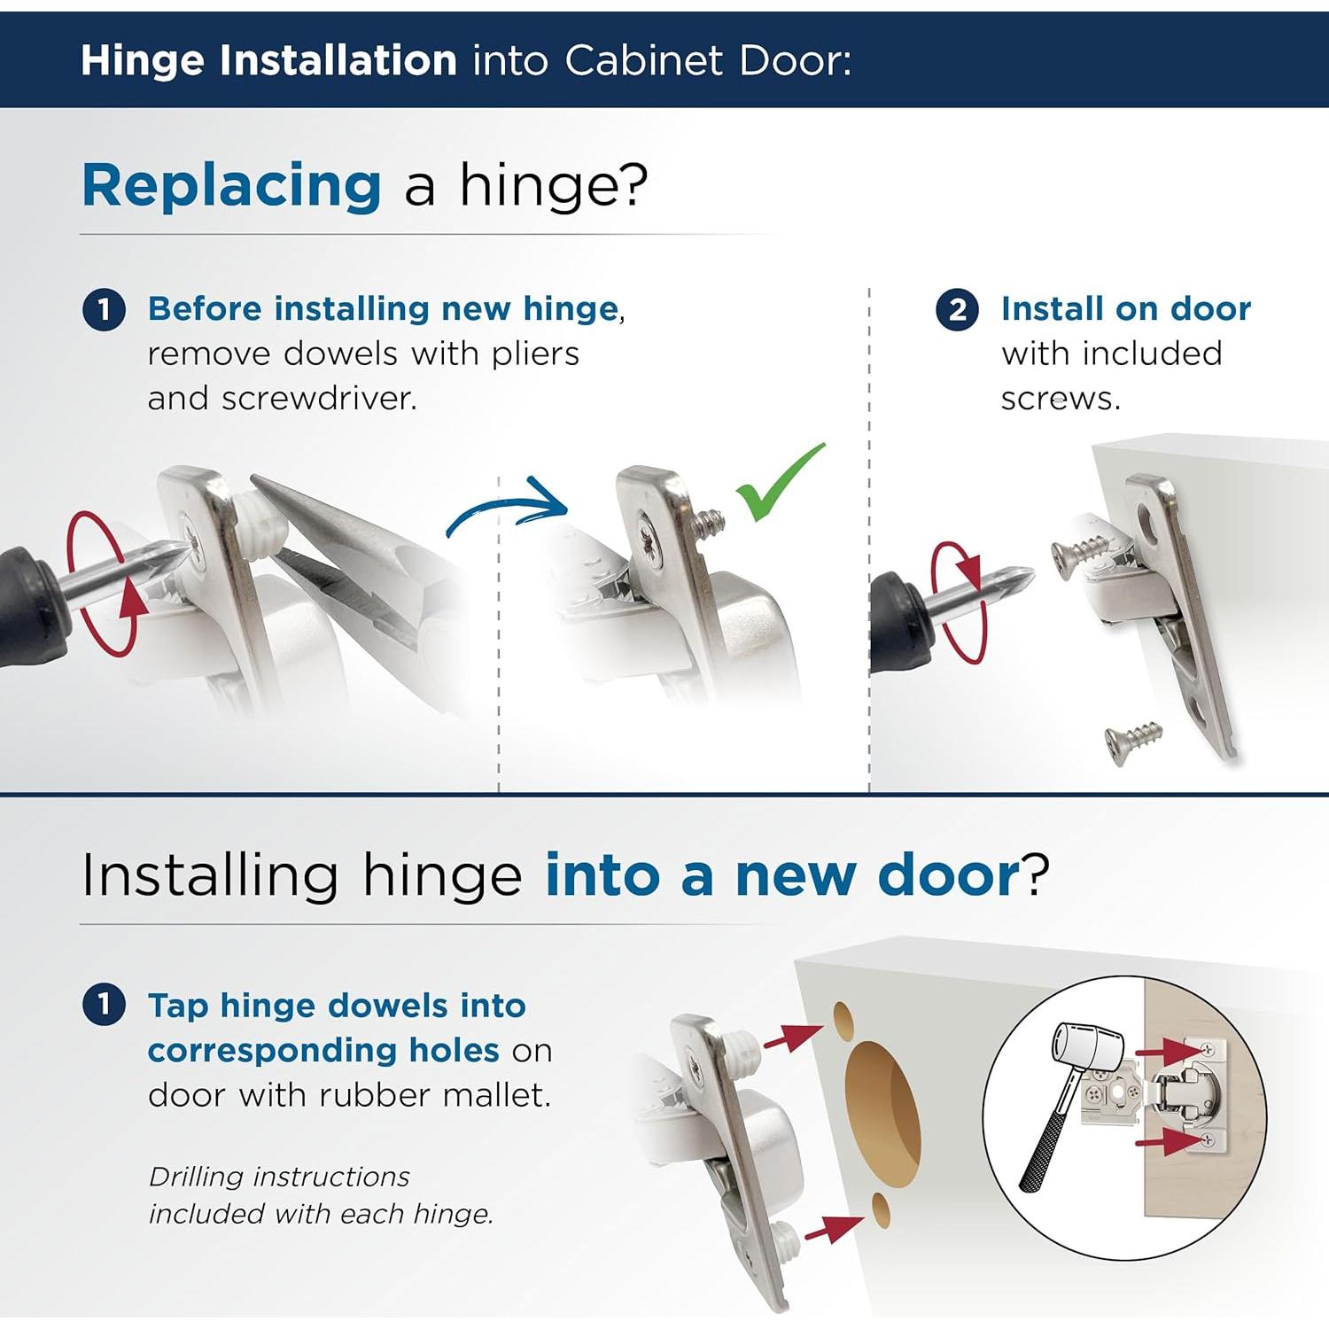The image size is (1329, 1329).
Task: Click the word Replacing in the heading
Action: click(231, 185)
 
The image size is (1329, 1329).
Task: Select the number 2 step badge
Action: click(957, 310)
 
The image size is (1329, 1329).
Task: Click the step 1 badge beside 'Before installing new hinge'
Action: click(104, 310)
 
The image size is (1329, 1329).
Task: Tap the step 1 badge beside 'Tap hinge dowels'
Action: click(104, 1006)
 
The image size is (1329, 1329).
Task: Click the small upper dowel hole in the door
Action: click(843, 1021)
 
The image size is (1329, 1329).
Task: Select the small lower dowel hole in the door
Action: click(880, 1210)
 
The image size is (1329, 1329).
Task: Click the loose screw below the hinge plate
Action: click(1132, 741)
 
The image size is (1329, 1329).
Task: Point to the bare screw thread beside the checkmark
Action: click(708, 526)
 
